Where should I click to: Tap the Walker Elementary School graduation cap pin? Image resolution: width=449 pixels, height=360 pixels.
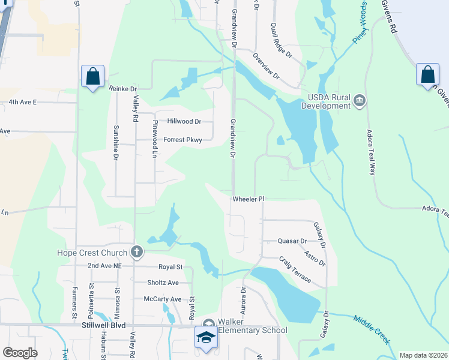(x=206, y=336)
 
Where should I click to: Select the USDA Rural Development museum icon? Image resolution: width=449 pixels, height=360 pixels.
(x=359, y=100)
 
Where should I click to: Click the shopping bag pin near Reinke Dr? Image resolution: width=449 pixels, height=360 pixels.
(x=92, y=76)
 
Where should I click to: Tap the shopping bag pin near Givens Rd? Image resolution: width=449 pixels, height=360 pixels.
(x=427, y=74)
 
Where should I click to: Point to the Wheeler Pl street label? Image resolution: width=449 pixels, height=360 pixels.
(x=249, y=199)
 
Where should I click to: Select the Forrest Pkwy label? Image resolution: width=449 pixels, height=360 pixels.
(x=183, y=140)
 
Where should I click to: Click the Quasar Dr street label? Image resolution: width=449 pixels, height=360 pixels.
(x=292, y=241)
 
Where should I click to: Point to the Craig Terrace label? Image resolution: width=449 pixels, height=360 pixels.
(x=295, y=269)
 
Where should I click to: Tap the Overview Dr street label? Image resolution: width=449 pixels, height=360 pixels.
(x=266, y=66)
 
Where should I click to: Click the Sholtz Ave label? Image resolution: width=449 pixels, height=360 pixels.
(x=163, y=283)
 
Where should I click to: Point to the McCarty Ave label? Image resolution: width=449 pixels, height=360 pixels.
(x=162, y=299)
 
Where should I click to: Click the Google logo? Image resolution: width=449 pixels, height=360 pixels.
(x=20, y=352)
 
